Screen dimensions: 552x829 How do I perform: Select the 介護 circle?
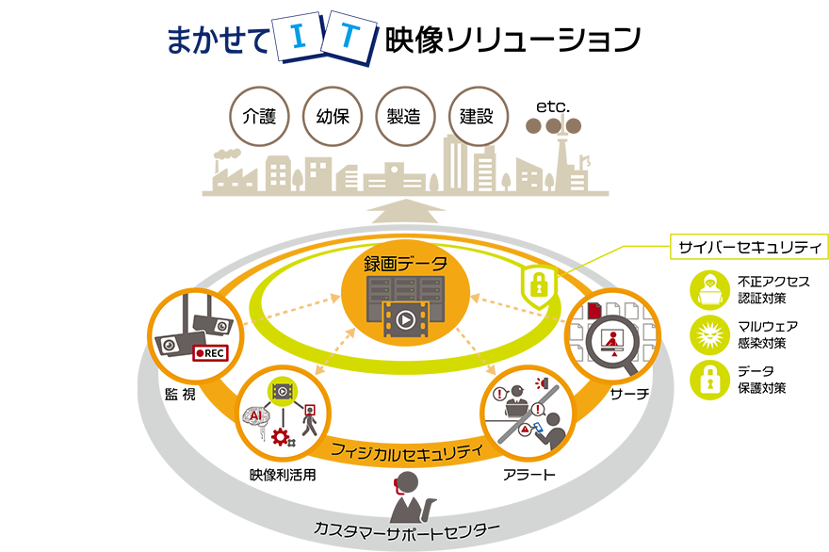pyautogui.click(x=259, y=117)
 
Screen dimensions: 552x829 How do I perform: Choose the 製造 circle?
pyautogui.click(x=404, y=117)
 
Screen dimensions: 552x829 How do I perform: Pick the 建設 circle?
pyautogui.click(x=477, y=117)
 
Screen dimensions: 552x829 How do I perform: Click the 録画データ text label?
pyautogui.click(x=404, y=262)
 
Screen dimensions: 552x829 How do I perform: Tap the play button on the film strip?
pyautogui.click(x=404, y=319)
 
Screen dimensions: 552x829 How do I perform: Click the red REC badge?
pyautogui.click(x=210, y=353)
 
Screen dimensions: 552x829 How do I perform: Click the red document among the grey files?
pyautogui.click(x=594, y=309)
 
